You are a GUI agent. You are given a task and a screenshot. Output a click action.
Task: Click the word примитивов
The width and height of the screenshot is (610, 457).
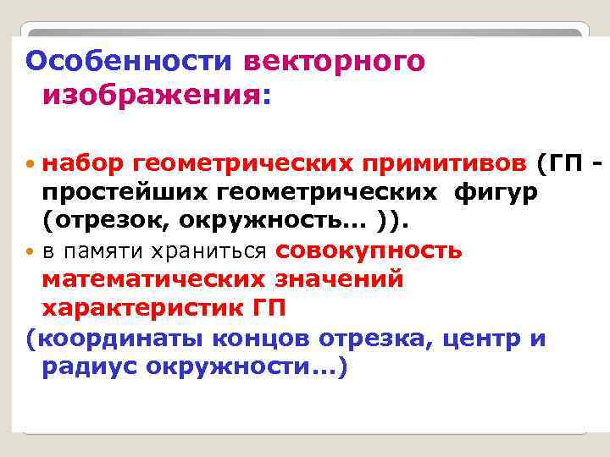click(x=447, y=162)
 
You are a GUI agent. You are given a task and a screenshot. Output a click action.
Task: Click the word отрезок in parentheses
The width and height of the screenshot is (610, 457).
click(x=105, y=221)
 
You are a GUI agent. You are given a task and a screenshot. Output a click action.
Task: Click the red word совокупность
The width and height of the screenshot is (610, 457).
click(x=369, y=251)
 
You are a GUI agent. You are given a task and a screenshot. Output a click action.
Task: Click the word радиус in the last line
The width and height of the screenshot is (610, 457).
click(x=88, y=369)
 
